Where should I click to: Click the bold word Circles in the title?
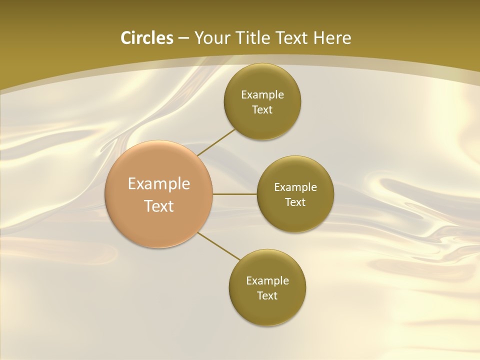(x=146, y=38)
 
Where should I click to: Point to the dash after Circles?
(x=183, y=38)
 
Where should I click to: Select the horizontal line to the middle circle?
(x=235, y=194)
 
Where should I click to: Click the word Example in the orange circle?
(x=159, y=184)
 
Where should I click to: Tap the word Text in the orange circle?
(x=159, y=206)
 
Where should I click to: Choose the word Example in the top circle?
(x=262, y=95)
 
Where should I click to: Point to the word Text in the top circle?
(x=262, y=110)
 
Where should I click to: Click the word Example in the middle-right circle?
(x=295, y=187)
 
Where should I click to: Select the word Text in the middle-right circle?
(x=295, y=202)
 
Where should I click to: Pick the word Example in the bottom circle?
(x=267, y=281)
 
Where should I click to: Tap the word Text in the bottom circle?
(x=267, y=296)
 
